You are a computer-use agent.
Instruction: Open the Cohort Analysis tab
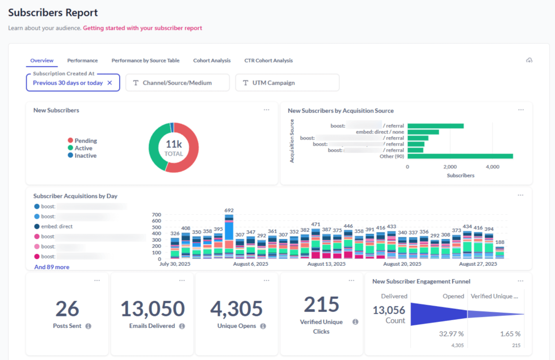pyautogui.click(x=212, y=60)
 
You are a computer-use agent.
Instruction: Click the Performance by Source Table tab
pyautogui.click(x=145, y=60)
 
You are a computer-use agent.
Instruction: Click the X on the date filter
pyautogui.click(x=110, y=83)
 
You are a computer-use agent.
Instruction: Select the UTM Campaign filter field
pyautogui.click(x=287, y=83)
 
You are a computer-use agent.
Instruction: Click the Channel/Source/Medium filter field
pyautogui.click(x=177, y=83)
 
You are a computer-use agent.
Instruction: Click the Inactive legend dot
pyautogui.click(x=70, y=155)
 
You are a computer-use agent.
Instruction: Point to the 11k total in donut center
pyautogui.click(x=174, y=144)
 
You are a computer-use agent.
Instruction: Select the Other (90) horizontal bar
pyautogui.click(x=460, y=156)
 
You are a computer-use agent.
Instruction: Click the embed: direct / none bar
pyautogui.click(x=423, y=132)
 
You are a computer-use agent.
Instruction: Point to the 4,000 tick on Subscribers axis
pyautogui.click(x=493, y=167)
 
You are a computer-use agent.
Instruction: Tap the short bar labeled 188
pyautogui.click(x=500, y=253)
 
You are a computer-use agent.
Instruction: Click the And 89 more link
pyautogui.click(x=52, y=267)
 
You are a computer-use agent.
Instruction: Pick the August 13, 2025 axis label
pyautogui.click(x=326, y=264)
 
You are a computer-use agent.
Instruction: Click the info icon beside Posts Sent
pyautogui.click(x=88, y=326)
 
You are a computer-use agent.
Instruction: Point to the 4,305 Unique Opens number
pyautogui.click(x=237, y=309)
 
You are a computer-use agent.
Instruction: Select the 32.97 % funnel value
pyautogui.click(x=451, y=334)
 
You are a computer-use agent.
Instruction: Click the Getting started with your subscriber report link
pyautogui.click(x=142, y=28)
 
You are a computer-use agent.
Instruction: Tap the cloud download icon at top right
pyautogui.click(x=529, y=60)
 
